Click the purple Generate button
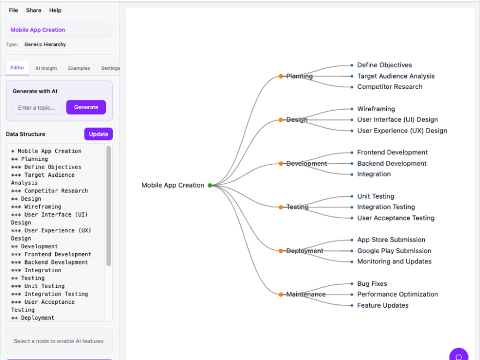[x=86, y=107]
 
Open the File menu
[x=14, y=10]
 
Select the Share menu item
[x=33, y=10]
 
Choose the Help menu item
[x=55, y=10]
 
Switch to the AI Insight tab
[x=46, y=68]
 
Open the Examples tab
[x=79, y=68]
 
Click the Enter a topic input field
[x=37, y=107]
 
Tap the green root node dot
[x=209, y=185]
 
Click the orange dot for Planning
[x=281, y=76]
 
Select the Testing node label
[x=298, y=207]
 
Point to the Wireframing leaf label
[x=376, y=109]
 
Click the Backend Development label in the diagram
[x=392, y=164]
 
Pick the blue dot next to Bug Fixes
[x=352, y=284]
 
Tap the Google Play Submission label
[x=394, y=251]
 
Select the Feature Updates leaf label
[x=382, y=305]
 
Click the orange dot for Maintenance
[x=281, y=295]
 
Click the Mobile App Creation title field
[x=59, y=30]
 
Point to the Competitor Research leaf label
[x=389, y=87]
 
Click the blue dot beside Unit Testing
[x=352, y=196]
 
